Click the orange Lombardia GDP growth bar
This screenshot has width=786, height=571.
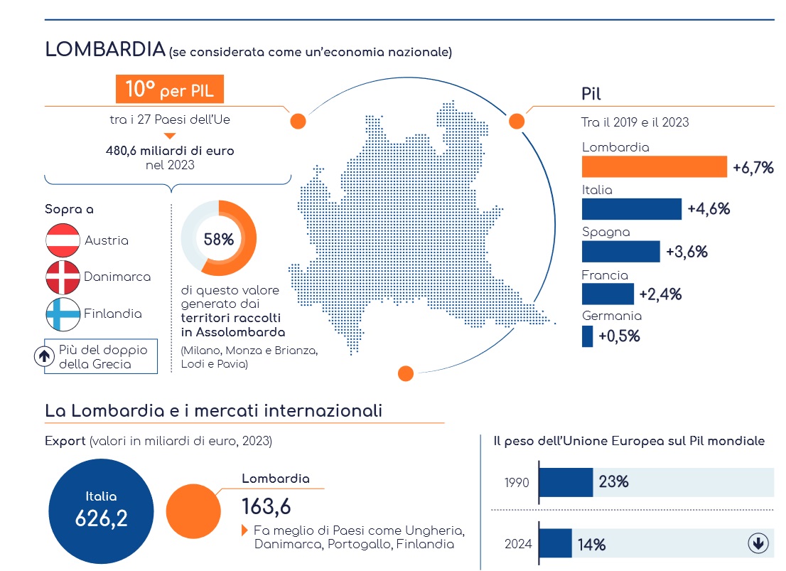654,166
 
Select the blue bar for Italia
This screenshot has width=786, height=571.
632,209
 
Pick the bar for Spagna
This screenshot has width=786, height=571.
620,252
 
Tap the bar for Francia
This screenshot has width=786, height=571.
608,294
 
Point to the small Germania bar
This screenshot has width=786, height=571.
588,336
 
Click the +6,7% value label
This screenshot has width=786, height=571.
753,168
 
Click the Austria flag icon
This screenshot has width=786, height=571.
63,240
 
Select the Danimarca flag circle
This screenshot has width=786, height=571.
63,277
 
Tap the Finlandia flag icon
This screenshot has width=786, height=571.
63,314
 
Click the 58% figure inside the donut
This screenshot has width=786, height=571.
219,240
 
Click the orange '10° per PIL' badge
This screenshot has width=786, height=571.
169,89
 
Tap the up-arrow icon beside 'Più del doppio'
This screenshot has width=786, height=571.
44,356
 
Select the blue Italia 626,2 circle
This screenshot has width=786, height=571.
101,511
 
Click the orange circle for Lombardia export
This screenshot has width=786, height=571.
193,511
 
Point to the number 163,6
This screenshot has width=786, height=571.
267,507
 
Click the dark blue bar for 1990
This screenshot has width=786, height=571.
566,482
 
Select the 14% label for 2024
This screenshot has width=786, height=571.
591,545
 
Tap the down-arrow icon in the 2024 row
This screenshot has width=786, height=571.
758,543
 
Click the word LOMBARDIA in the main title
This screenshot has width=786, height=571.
105,49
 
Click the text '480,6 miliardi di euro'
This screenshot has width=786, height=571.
170,151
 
